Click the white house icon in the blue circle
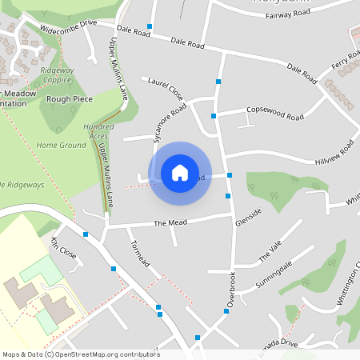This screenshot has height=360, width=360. coord(180,173)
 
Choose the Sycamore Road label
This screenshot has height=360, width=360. coord(170,122)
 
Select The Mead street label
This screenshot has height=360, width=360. coord(170,223)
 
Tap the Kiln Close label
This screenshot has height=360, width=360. coord(63,249)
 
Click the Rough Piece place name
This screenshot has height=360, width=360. coord(70,99)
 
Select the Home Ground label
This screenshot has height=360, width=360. coord(61,146)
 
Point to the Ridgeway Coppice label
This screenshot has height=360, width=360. coord(56,74)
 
